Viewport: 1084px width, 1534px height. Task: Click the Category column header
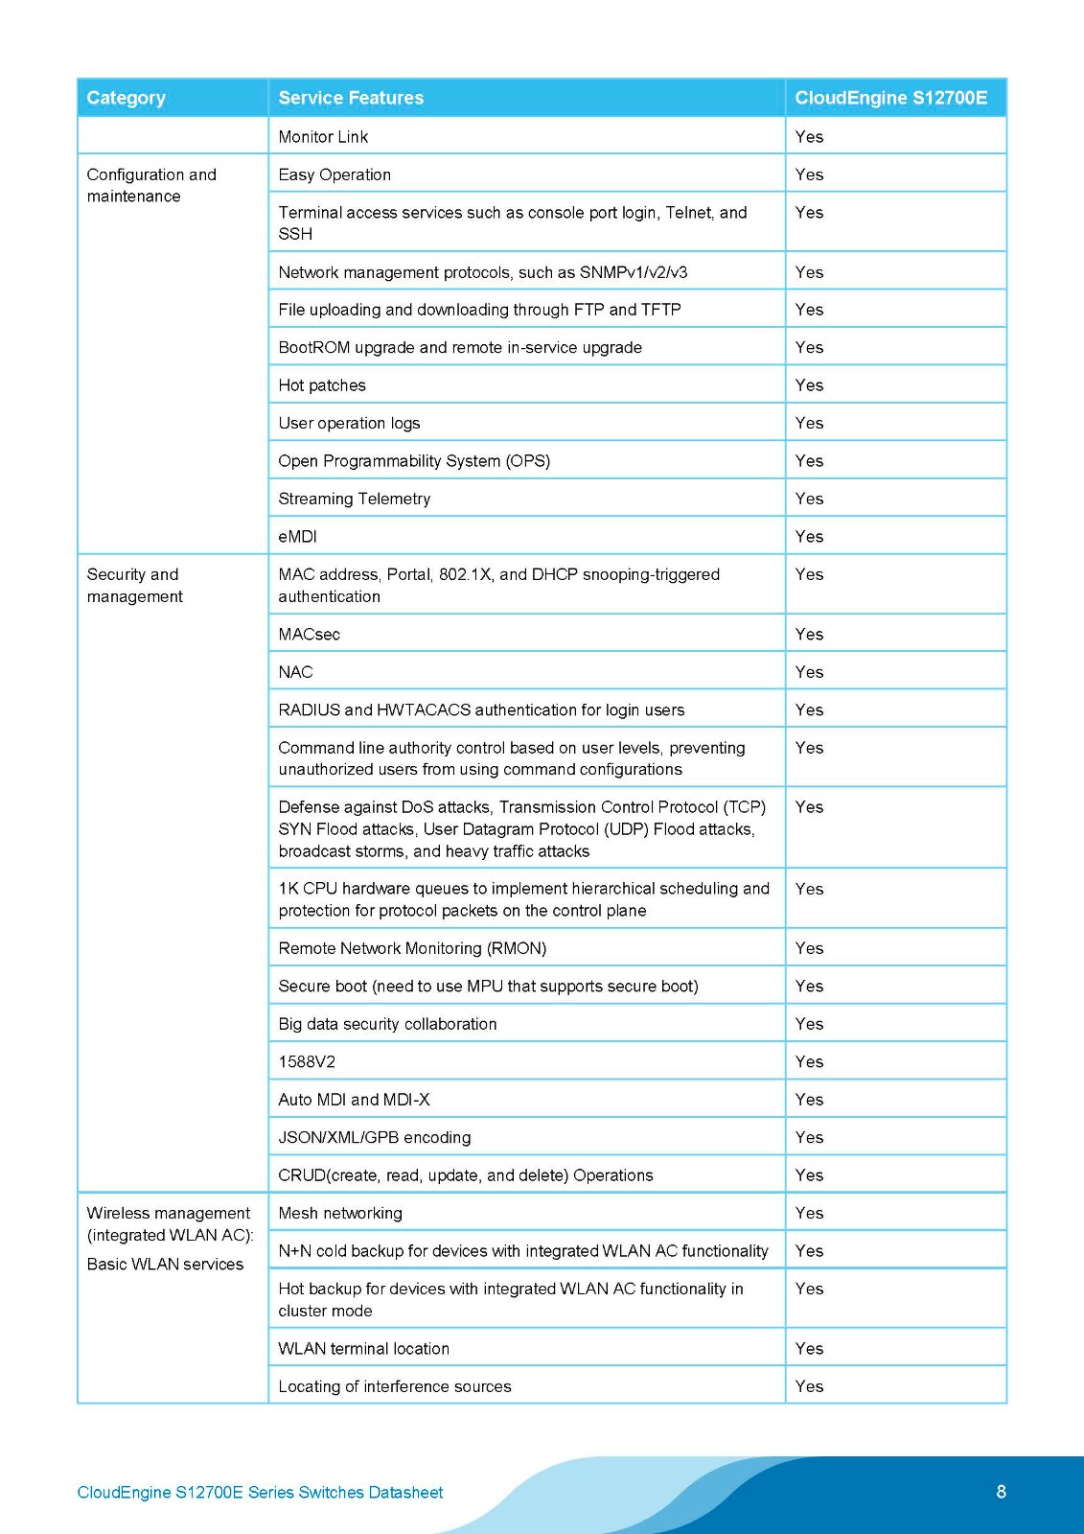click(126, 98)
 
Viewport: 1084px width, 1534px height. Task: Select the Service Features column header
click(351, 98)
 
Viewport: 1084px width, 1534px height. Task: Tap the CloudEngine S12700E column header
click(890, 98)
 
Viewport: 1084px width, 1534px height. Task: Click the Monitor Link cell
click(323, 137)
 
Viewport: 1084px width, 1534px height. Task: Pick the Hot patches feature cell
click(322, 385)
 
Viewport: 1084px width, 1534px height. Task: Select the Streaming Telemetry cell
click(355, 499)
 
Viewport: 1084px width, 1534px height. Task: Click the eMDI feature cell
click(297, 537)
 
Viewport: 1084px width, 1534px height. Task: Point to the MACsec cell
click(309, 635)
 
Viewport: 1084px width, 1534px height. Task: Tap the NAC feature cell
click(295, 672)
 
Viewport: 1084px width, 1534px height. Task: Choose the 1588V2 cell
click(307, 1062)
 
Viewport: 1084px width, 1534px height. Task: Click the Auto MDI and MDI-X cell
click(354, 1100)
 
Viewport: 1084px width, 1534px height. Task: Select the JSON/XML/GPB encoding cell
click(375, 1138)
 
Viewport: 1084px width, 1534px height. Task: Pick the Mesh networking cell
click(340, 1214)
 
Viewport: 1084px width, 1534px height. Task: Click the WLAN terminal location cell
click(363, 1349)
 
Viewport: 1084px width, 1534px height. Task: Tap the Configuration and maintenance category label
click(151, 185)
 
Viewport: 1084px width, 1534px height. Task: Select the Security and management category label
click(134, 585)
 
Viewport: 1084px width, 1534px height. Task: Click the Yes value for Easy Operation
click(809, 175)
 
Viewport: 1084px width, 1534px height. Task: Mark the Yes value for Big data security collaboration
click(809, 1025)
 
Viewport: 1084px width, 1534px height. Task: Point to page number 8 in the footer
click(1002, 1492)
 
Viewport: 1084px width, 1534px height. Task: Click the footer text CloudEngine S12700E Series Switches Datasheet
click(260, 1493)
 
